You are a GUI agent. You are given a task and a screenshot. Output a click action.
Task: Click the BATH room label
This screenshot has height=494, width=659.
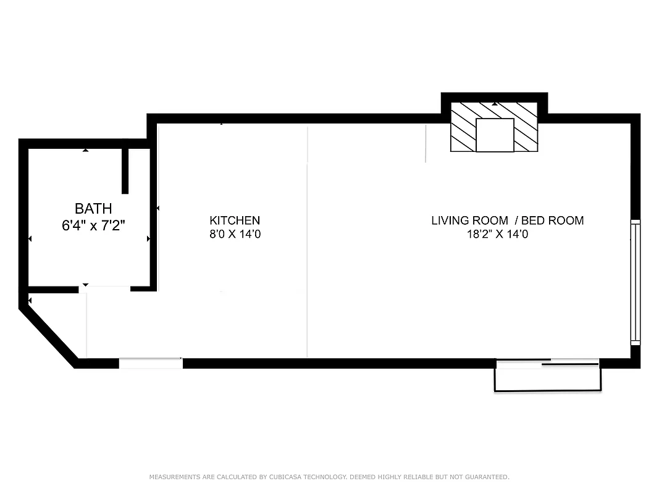click(93, 209)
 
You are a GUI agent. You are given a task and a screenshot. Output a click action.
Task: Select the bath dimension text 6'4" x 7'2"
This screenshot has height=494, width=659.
click(93, 225)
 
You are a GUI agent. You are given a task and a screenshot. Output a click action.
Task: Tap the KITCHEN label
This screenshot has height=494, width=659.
click(235, 220)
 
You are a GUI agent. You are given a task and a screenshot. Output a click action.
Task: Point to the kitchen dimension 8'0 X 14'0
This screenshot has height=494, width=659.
click(235, 234)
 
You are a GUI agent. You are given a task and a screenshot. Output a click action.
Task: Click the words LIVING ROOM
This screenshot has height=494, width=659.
click(469, 220)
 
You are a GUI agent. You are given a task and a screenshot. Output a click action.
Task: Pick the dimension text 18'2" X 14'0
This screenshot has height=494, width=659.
click(498, 234)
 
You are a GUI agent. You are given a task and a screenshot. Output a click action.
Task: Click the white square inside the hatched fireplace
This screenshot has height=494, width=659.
click(495, 135)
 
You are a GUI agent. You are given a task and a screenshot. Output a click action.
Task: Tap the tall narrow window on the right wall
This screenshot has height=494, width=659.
click(635, 282)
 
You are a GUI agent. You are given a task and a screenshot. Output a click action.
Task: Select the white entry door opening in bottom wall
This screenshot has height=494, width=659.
click(151, 363)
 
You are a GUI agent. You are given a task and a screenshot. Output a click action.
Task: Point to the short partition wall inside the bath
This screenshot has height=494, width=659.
click(125, 170)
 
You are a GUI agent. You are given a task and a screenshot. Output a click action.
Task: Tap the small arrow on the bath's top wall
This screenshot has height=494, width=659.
click(86, 150)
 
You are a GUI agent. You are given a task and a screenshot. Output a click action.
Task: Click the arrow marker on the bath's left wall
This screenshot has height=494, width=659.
click(30, 238)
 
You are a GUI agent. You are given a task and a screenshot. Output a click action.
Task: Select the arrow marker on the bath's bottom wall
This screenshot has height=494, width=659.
click(86, 285)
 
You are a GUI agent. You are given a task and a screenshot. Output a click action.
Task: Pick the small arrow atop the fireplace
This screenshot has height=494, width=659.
click(494, 104)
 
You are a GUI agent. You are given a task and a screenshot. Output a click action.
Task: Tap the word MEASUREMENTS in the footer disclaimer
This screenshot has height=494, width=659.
click(174, 477)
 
